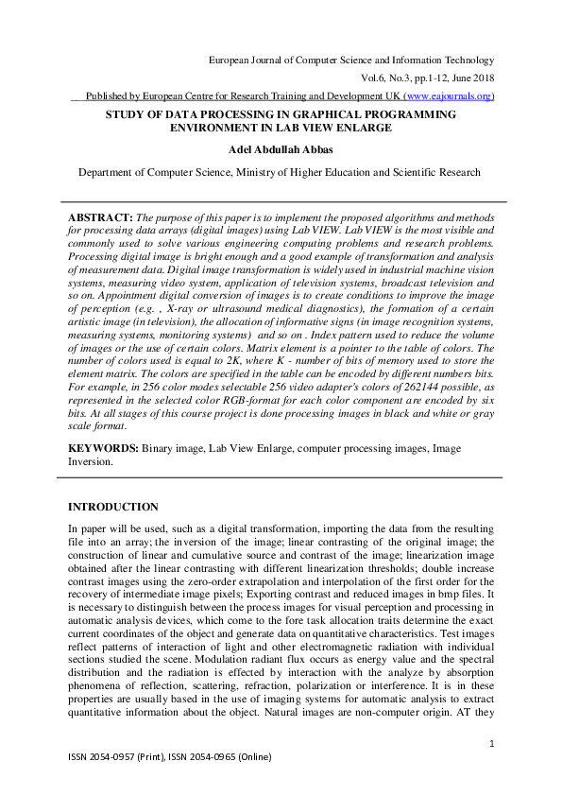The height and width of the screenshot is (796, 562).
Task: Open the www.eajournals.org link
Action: pyautogui.click(x=448, y=96)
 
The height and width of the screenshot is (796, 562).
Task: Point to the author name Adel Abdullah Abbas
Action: pyautogui.click(x=281, y=148)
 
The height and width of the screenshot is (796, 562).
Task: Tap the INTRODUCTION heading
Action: pyautogui.click(x=112, y=508)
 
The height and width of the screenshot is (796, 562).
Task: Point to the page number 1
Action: pyautogui.click(x=492, y=745)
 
